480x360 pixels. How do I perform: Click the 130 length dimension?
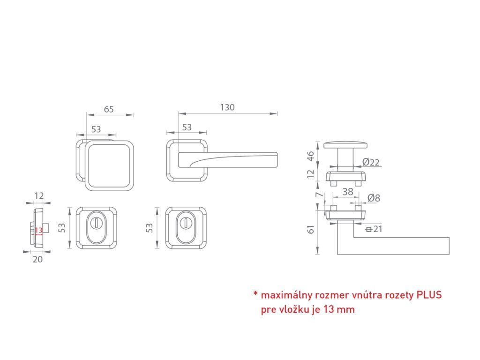coord(227,107)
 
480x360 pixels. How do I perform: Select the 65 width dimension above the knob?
coord(109,109)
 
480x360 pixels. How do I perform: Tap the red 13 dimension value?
coord(38,230)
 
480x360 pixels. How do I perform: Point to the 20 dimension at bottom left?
coord(37,259)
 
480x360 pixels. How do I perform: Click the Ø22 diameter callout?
coord(371,162)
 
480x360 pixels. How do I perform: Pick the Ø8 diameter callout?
coord(374,198)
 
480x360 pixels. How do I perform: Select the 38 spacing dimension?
coord(348,192)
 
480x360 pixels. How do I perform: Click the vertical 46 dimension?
coord(310,156)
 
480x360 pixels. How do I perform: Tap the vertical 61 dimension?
coord(311,229)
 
